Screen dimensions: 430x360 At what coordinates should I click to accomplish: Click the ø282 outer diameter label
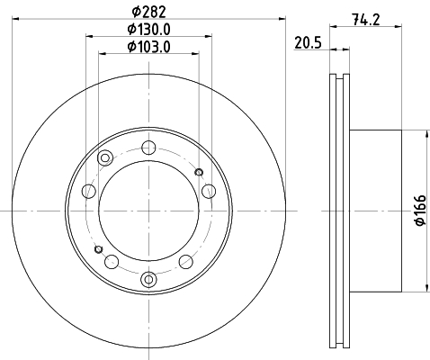coord(148,12)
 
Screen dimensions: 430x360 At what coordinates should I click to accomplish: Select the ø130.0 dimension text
coord(148,30)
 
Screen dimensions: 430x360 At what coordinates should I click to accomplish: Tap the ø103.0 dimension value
coord(148,47)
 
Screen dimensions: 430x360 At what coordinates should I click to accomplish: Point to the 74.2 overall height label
coord(366,20)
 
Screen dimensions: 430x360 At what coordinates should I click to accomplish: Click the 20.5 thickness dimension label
coord(308,42)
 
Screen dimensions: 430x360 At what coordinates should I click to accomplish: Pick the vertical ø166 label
coord(420,210)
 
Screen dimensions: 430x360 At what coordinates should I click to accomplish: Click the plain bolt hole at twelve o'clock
coord(148,148)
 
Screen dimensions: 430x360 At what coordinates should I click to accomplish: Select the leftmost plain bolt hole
coord(89,191)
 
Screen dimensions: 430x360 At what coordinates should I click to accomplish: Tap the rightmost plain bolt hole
coord(209,191)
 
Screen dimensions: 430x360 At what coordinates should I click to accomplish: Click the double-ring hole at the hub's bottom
coord(148,280)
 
